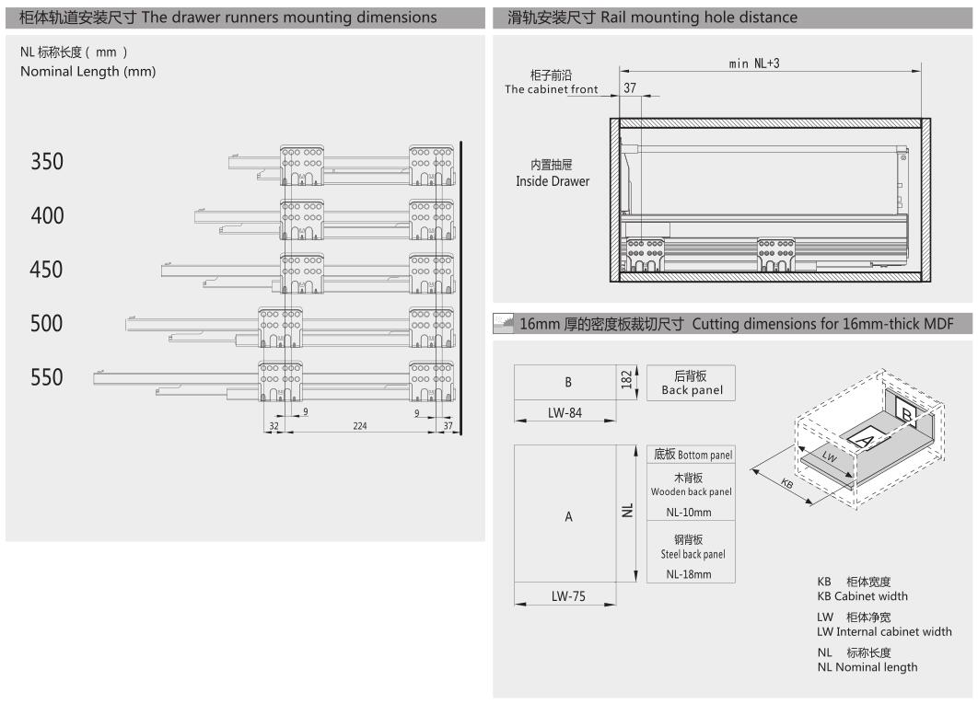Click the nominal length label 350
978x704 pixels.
click(x=47, y=162)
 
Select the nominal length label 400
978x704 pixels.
click(x=47, y=216)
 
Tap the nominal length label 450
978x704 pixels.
click(x=47, y=271)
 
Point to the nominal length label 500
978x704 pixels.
click(x=47, y=324)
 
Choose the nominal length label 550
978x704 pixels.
click(x=47, y=378)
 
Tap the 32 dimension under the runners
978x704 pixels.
click(x=274, y=427)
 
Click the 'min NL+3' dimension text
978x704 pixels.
click(x=754, y=63)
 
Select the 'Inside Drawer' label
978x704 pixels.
click(x=553, y=181)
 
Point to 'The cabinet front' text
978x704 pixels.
click(x=551, y=89)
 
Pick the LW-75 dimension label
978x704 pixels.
click(x=569, y=596)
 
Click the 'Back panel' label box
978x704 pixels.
click(x=692, y=384)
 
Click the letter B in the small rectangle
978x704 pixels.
click(x=567, y=382)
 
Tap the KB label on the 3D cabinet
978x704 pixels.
click(x=786, y=485)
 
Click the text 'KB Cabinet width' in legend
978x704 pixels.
click(x=862, y=596)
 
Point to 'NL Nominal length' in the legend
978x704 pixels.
click(x=867, y=667)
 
